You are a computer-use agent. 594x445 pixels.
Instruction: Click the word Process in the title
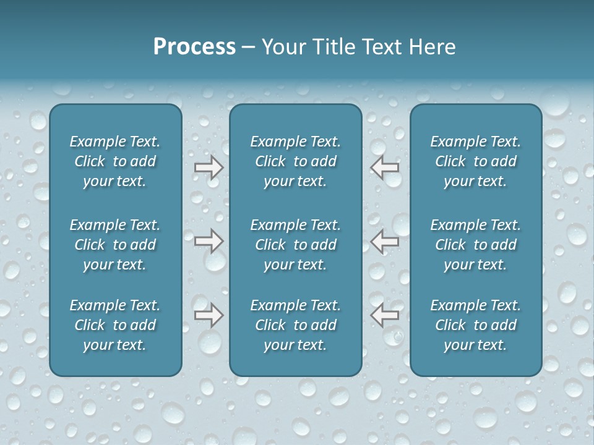point(194,47)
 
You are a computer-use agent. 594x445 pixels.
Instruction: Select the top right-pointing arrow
point(209,167)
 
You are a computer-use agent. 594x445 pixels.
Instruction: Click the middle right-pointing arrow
point(209,241)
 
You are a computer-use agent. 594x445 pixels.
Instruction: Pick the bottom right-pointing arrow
point(209,315)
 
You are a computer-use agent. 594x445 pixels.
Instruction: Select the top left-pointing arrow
point(385,167)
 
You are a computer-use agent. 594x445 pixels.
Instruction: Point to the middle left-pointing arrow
point(385,241)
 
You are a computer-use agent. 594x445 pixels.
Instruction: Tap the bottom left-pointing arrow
point(385,315)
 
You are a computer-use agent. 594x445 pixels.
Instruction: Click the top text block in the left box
point(115,161)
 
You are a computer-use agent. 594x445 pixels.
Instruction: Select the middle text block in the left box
point(115,245)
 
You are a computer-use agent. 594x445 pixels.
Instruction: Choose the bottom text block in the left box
point(115,325)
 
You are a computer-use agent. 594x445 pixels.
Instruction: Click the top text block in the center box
point(296,161)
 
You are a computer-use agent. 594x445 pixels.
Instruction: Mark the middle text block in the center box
point(296,245)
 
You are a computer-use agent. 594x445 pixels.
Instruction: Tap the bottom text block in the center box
point(296,325)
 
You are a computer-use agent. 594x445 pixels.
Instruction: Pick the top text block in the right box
point(476,161)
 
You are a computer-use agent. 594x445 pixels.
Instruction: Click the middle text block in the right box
point(476,245)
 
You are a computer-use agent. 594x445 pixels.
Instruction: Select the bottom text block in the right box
point(476,325)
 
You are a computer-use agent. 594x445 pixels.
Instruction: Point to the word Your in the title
point(283,47)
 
